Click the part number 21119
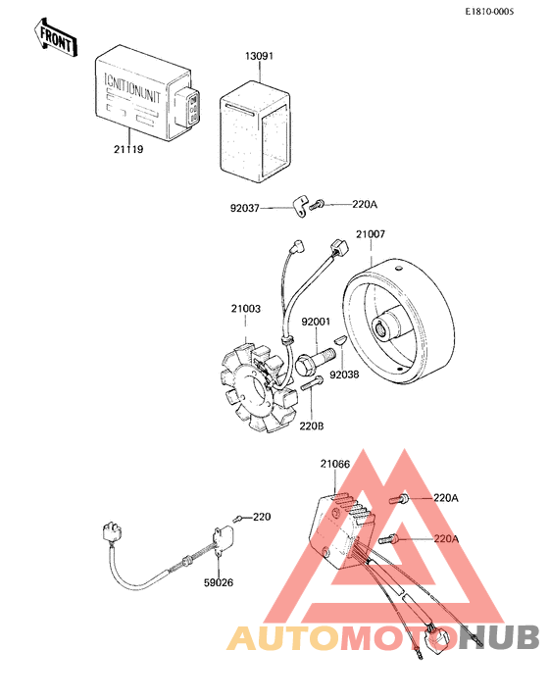pos(128,149)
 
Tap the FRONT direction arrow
pos(58,40)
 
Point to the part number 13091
pos(259,57)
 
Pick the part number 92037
pos(245,207)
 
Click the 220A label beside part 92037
pos(364,204)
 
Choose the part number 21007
pos(370,235)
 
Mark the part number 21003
pos(246,309)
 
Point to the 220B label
pos(312,426)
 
